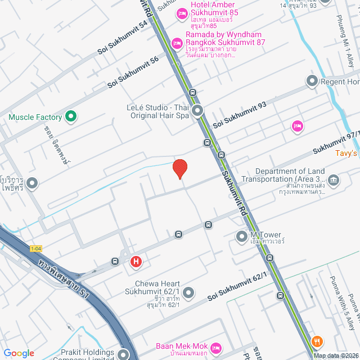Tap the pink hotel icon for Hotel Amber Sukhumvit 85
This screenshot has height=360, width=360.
[x=182, y=13]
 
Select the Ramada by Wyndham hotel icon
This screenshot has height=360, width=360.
[x=177, y=42]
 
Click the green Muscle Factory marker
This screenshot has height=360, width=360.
[x=70, y=117]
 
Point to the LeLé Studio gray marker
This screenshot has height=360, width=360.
[x=197, y=111]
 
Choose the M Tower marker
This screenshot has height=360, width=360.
[x=241, y=235]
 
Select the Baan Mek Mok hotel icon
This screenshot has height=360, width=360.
[x=214, y=349]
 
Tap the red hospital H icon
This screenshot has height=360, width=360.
[x=136, y=262]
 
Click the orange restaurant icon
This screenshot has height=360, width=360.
[x=317, y=341]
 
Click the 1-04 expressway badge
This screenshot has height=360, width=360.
[x=36, y=248]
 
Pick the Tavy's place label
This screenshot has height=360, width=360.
[x=346, y=153]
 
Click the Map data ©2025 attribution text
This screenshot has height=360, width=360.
[x=336, y=355]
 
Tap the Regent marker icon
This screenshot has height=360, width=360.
[x=312, y=82]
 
